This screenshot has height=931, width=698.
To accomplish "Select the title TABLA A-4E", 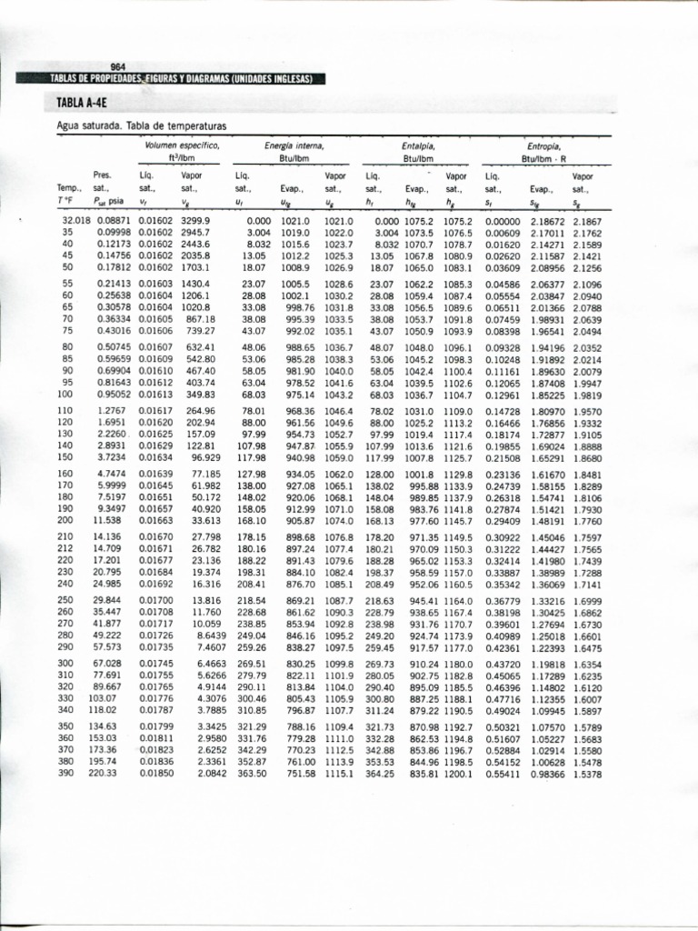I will (x=82, y=103).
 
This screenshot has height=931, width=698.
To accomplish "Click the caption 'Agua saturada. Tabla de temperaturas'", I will (x=141, y=125).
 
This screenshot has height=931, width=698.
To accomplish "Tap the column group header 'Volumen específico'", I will (x=182, y=145).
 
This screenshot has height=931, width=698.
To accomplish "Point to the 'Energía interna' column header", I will (x=294, y=145).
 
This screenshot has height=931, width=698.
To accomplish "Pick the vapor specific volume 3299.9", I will (x=195, y=221).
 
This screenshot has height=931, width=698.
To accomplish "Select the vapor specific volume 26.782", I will (x=206, y=549).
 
